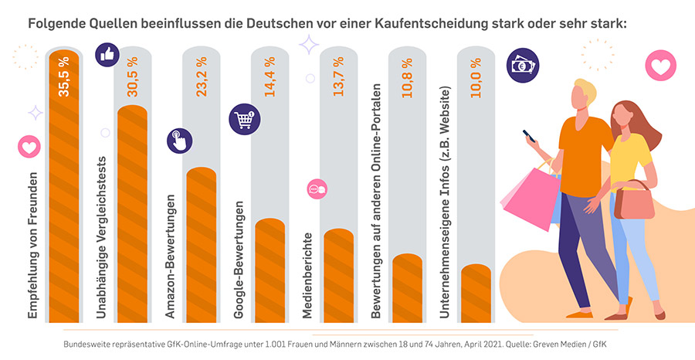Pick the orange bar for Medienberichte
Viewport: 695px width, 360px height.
(x=338, y=274)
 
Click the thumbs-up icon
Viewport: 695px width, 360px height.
(x=106, y=54)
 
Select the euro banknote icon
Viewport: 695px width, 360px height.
(x=522, y=65)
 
